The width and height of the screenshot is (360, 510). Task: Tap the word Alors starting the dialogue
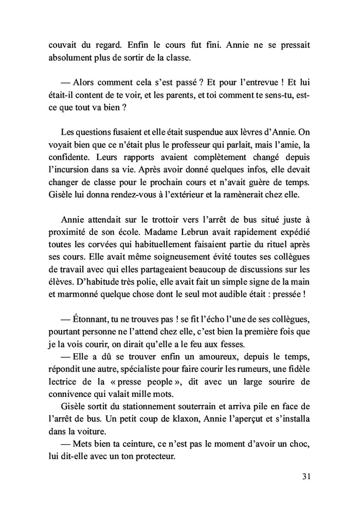pyautogui.click(x=87, y=82)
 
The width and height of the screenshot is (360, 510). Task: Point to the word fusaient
pyautogui.click(x=118, y=132)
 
